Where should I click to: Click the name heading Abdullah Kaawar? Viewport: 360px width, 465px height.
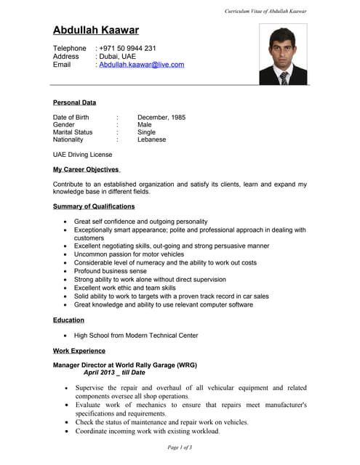point(95,31)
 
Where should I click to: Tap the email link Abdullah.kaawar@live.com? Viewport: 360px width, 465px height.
point(141,65)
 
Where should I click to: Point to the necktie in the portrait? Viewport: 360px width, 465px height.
point(284,77)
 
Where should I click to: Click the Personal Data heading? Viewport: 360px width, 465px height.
point(74,102)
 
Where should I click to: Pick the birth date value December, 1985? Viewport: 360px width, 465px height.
point(161,117)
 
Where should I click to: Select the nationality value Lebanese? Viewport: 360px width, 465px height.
point(151,139)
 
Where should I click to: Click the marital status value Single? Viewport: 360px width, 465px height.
point(146,132)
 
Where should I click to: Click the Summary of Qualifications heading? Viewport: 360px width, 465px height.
point(94,206)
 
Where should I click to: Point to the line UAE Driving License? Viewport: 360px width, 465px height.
point(82,155)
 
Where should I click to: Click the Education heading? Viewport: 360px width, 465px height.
point(68,320)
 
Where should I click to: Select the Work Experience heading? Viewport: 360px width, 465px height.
point(79,351)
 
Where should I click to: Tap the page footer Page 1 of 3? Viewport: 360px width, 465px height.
point(180,447)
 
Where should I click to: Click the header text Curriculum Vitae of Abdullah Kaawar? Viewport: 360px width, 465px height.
point(265,12)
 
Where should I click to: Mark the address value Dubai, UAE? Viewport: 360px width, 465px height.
point(118,56)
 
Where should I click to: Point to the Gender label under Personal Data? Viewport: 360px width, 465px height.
point(64,124)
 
